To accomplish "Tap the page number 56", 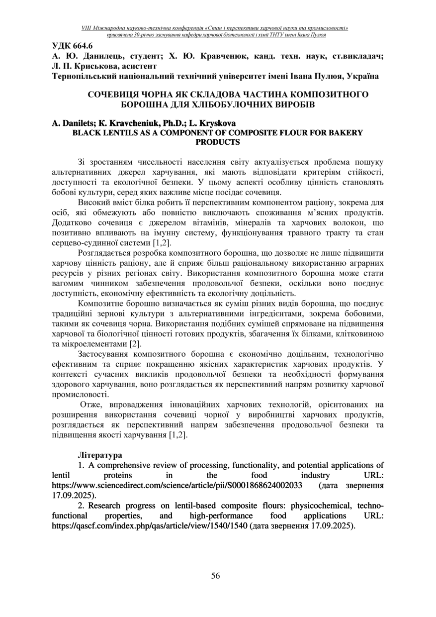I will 215,576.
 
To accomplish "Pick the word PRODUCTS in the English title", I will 218,142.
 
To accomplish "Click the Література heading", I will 100,455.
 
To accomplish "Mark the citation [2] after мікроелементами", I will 135,343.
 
